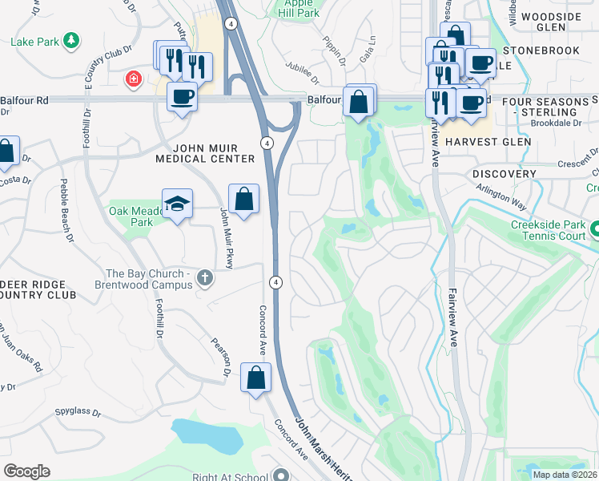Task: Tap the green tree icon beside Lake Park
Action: click(72, 39)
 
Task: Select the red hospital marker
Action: click(133, 79)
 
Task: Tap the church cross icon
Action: click(205, 278)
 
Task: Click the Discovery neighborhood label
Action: click(504, 174)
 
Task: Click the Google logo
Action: click(26, 471)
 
